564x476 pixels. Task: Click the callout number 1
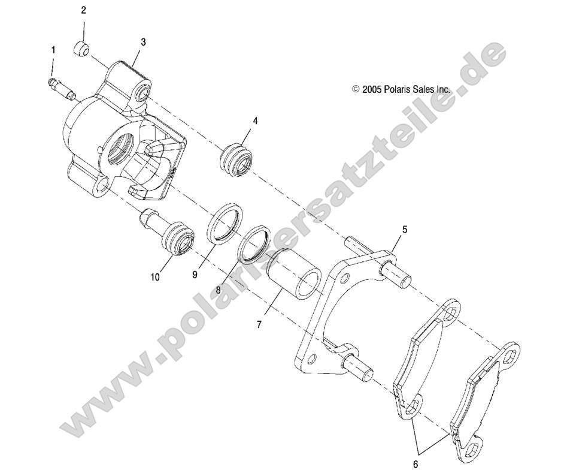click(x=53, y=49)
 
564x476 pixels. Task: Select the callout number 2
click(x=83, y=10)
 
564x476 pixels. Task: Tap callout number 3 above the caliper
click(x=143, y=42)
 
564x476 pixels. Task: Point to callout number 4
click(x=255, y=120)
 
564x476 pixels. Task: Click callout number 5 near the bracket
click(x=404, y=229)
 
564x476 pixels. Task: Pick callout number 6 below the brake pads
click(x=415, y=463)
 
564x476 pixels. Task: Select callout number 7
click(x=259, y=324)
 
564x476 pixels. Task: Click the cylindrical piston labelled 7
click(x=294, y=274)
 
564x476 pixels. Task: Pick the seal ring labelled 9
click(x=226, y=223)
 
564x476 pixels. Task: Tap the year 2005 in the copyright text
click(x=372, y=89)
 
